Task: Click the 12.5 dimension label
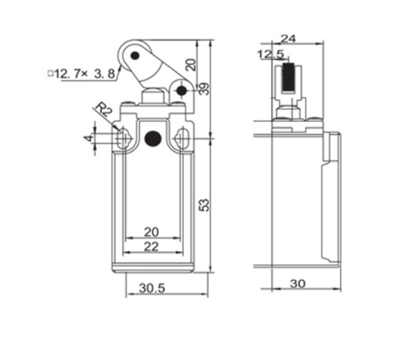click(x=269, y=54)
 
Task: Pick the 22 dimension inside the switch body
click(x=151, y=245)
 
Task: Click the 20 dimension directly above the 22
click(x=151, y=232)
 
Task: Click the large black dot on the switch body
click(x=151, y=140)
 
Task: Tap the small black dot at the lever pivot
click(x=181, y=90)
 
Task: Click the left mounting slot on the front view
click(x=123, y=139)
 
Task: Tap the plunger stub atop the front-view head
click(x=151, y=98)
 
